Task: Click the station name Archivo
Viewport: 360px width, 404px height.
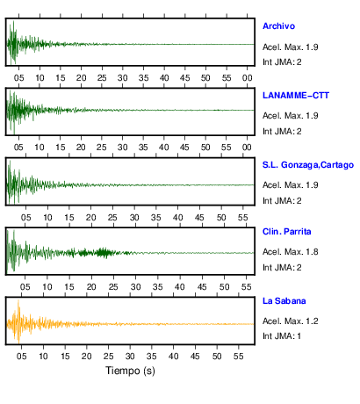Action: pyautogui.click(x=278, y=26)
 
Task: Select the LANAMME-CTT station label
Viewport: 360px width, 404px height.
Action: pyautogui.click(x=296, y=96)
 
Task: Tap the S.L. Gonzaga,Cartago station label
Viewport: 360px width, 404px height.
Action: pyautogui.click(x=308, y=165)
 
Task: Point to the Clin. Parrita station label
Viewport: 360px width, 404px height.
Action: pyautogui.click(x=287, y=232)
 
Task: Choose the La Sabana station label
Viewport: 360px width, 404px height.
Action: pyautogui.click(x=284, y=301)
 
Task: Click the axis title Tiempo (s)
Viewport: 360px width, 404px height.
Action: pyautogui.click(x=130, y=371)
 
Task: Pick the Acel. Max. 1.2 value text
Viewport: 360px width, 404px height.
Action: pyautogui.click(x=291, y=321)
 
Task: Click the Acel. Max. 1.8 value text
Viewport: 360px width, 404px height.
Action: pyautogui.click(x=291, y=252)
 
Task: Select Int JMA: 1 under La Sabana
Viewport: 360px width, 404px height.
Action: pyautogui.click(x=282, y=335)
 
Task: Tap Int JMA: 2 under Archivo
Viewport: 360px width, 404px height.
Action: pyautogui.click(x=282, y=62)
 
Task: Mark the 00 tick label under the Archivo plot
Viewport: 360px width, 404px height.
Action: pyautogui.click(x=248, y=78)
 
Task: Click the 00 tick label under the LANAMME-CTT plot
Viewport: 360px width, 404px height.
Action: pyautogui.click(x=247, y=148)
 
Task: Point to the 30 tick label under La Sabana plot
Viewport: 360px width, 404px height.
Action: pyautogui.click(x=130, y=357)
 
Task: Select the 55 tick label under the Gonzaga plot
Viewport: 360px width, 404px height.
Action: pyautogui.click(x=243, y=218)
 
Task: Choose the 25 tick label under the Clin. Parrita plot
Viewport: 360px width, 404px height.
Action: pyautogui.click(x=113, y=287)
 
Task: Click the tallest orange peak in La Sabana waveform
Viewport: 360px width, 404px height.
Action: pyautogui.click(x=18, y=301)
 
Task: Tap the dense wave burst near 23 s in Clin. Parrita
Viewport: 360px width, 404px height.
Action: pyautogui.click(x=103, y=253)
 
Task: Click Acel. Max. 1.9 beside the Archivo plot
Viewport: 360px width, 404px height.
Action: pyautogui.click(x=291, y=47)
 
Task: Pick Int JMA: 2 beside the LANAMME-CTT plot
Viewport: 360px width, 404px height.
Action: pyautogui.click(x=282, y=132)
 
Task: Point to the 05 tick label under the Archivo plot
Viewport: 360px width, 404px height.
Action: pyautogui.click(x=19, y=78)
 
